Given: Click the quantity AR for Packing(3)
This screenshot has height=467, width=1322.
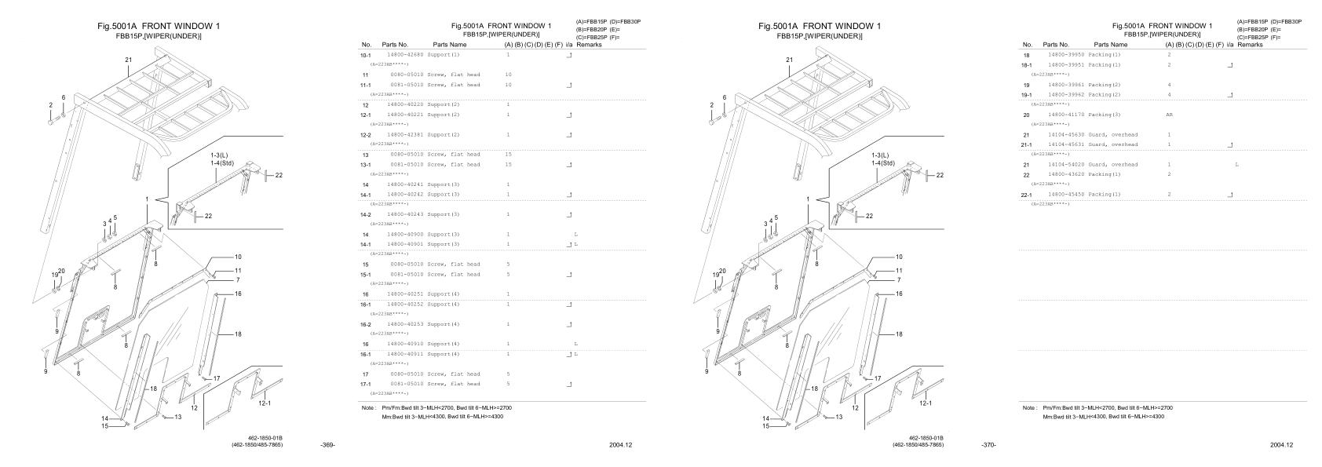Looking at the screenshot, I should tap(1170, 115).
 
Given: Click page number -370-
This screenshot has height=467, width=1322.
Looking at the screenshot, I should tap(989, 445).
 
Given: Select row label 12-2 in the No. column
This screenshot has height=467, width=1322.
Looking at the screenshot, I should tap(366, 135).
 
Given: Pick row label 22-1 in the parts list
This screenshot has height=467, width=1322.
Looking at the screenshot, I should tap(1027, 195).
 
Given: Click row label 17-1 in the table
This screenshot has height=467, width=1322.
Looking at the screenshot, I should tap(366, 385).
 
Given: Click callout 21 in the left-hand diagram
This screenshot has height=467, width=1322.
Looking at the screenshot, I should tap(129, 60).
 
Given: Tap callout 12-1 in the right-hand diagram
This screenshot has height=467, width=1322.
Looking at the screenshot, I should tap(926, 403).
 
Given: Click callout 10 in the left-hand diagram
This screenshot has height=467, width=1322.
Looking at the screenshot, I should tap(238, 257).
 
